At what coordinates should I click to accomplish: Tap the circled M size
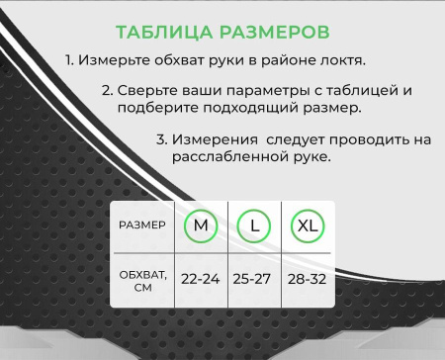(x=201, y=225)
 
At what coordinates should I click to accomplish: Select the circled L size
(x=254, y=225)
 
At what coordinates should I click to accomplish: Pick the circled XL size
(x=308, y=225)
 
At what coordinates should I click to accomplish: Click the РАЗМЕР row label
(x=142, y=225)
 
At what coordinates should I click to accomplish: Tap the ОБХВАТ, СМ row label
(x=142, y=279)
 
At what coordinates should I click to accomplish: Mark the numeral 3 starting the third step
(x=161, y=140)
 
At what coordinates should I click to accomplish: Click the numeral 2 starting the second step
(x=106, y=90)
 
